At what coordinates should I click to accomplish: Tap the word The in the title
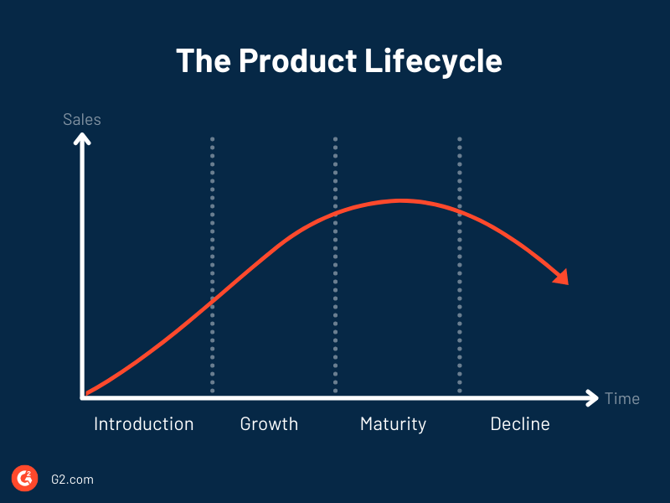coord(204,61)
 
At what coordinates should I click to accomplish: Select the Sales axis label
coord(82,119)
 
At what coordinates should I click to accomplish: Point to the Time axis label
coord(622,398)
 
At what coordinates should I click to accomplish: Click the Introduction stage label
coord(143,424)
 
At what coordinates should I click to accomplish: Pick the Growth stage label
coord(269,424)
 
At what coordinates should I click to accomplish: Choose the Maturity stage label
coord(393,424)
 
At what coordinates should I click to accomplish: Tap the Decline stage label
coord(520,424)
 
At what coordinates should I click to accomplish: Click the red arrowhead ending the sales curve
coord(560,277)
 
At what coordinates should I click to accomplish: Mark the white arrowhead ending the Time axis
coord(592,397)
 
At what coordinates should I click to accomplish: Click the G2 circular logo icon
coord(24,479)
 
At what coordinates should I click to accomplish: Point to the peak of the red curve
coord(400,200)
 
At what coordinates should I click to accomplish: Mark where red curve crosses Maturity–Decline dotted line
coord(459,211)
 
